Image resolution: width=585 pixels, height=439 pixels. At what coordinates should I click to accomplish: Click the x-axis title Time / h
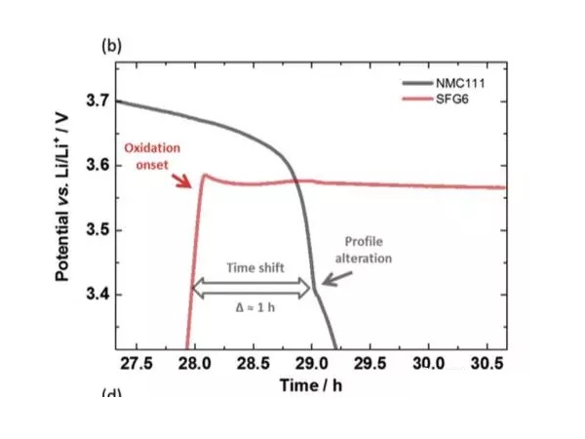[x=311, y=384]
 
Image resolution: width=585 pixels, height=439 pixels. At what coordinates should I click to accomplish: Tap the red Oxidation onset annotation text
[x=153, y=156]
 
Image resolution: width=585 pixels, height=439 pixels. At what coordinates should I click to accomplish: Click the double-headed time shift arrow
[x=253, y=288]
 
